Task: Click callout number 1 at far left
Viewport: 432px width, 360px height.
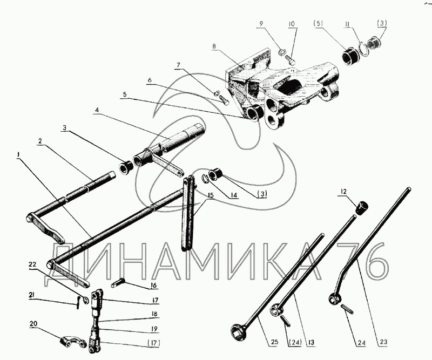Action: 18,154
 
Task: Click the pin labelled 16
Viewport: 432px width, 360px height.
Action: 119,282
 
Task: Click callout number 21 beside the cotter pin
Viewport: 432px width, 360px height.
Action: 33,295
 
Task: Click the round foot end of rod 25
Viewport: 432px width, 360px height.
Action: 237,329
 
